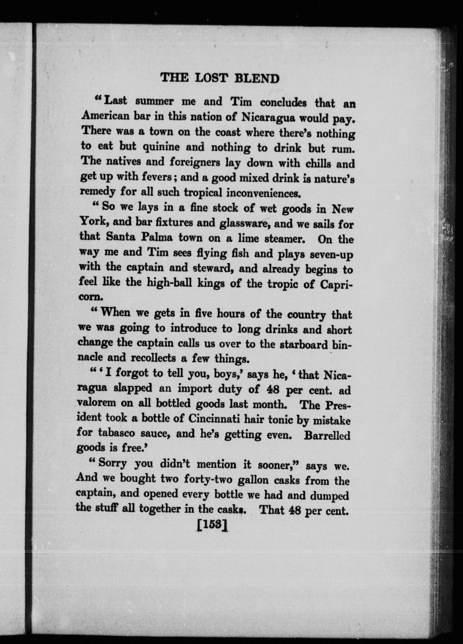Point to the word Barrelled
point(327,435)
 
